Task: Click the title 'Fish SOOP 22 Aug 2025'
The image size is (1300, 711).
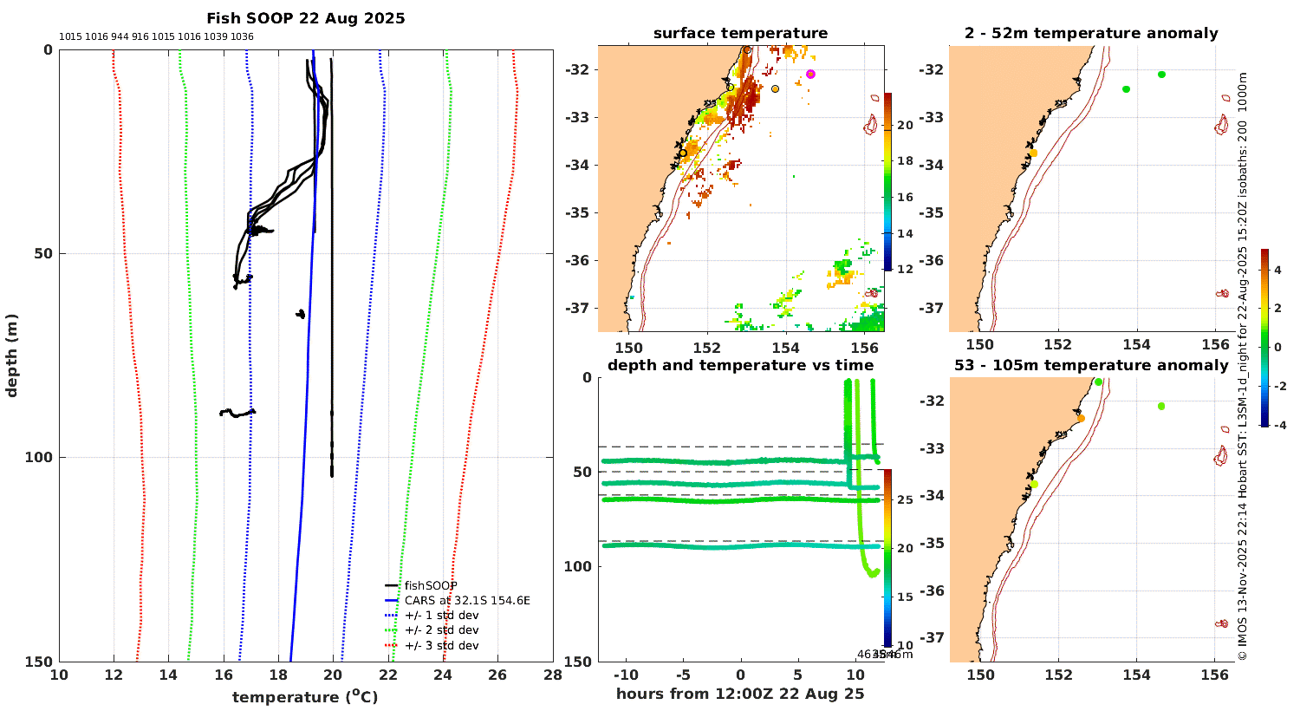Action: coord(305,18)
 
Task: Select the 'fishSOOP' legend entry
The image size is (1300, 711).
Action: coord(430,586)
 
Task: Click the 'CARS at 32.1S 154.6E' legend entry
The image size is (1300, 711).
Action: coord(466,601)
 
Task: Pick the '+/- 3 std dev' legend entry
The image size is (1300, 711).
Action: coord(441,646)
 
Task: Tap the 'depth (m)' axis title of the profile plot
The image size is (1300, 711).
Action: coord(12,355)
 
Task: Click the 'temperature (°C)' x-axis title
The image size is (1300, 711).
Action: coord(305,697)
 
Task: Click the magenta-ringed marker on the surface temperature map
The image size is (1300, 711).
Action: coord(810,75)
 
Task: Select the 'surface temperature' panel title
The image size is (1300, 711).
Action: coord(740,34)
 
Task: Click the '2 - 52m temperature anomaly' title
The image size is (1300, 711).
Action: coord(1091,34)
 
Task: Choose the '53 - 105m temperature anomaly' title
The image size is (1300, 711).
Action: coord(1091,366)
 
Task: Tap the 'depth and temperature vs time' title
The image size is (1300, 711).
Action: coord(740,366)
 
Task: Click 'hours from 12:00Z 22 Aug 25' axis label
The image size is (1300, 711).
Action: coord(740,694)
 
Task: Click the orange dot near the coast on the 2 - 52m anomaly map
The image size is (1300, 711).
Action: coord(1033,153)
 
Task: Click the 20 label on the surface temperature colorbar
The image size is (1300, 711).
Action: coord(905,126)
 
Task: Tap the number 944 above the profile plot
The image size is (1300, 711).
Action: coord(120,37)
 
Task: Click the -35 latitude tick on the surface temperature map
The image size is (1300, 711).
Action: coord(577,212)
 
